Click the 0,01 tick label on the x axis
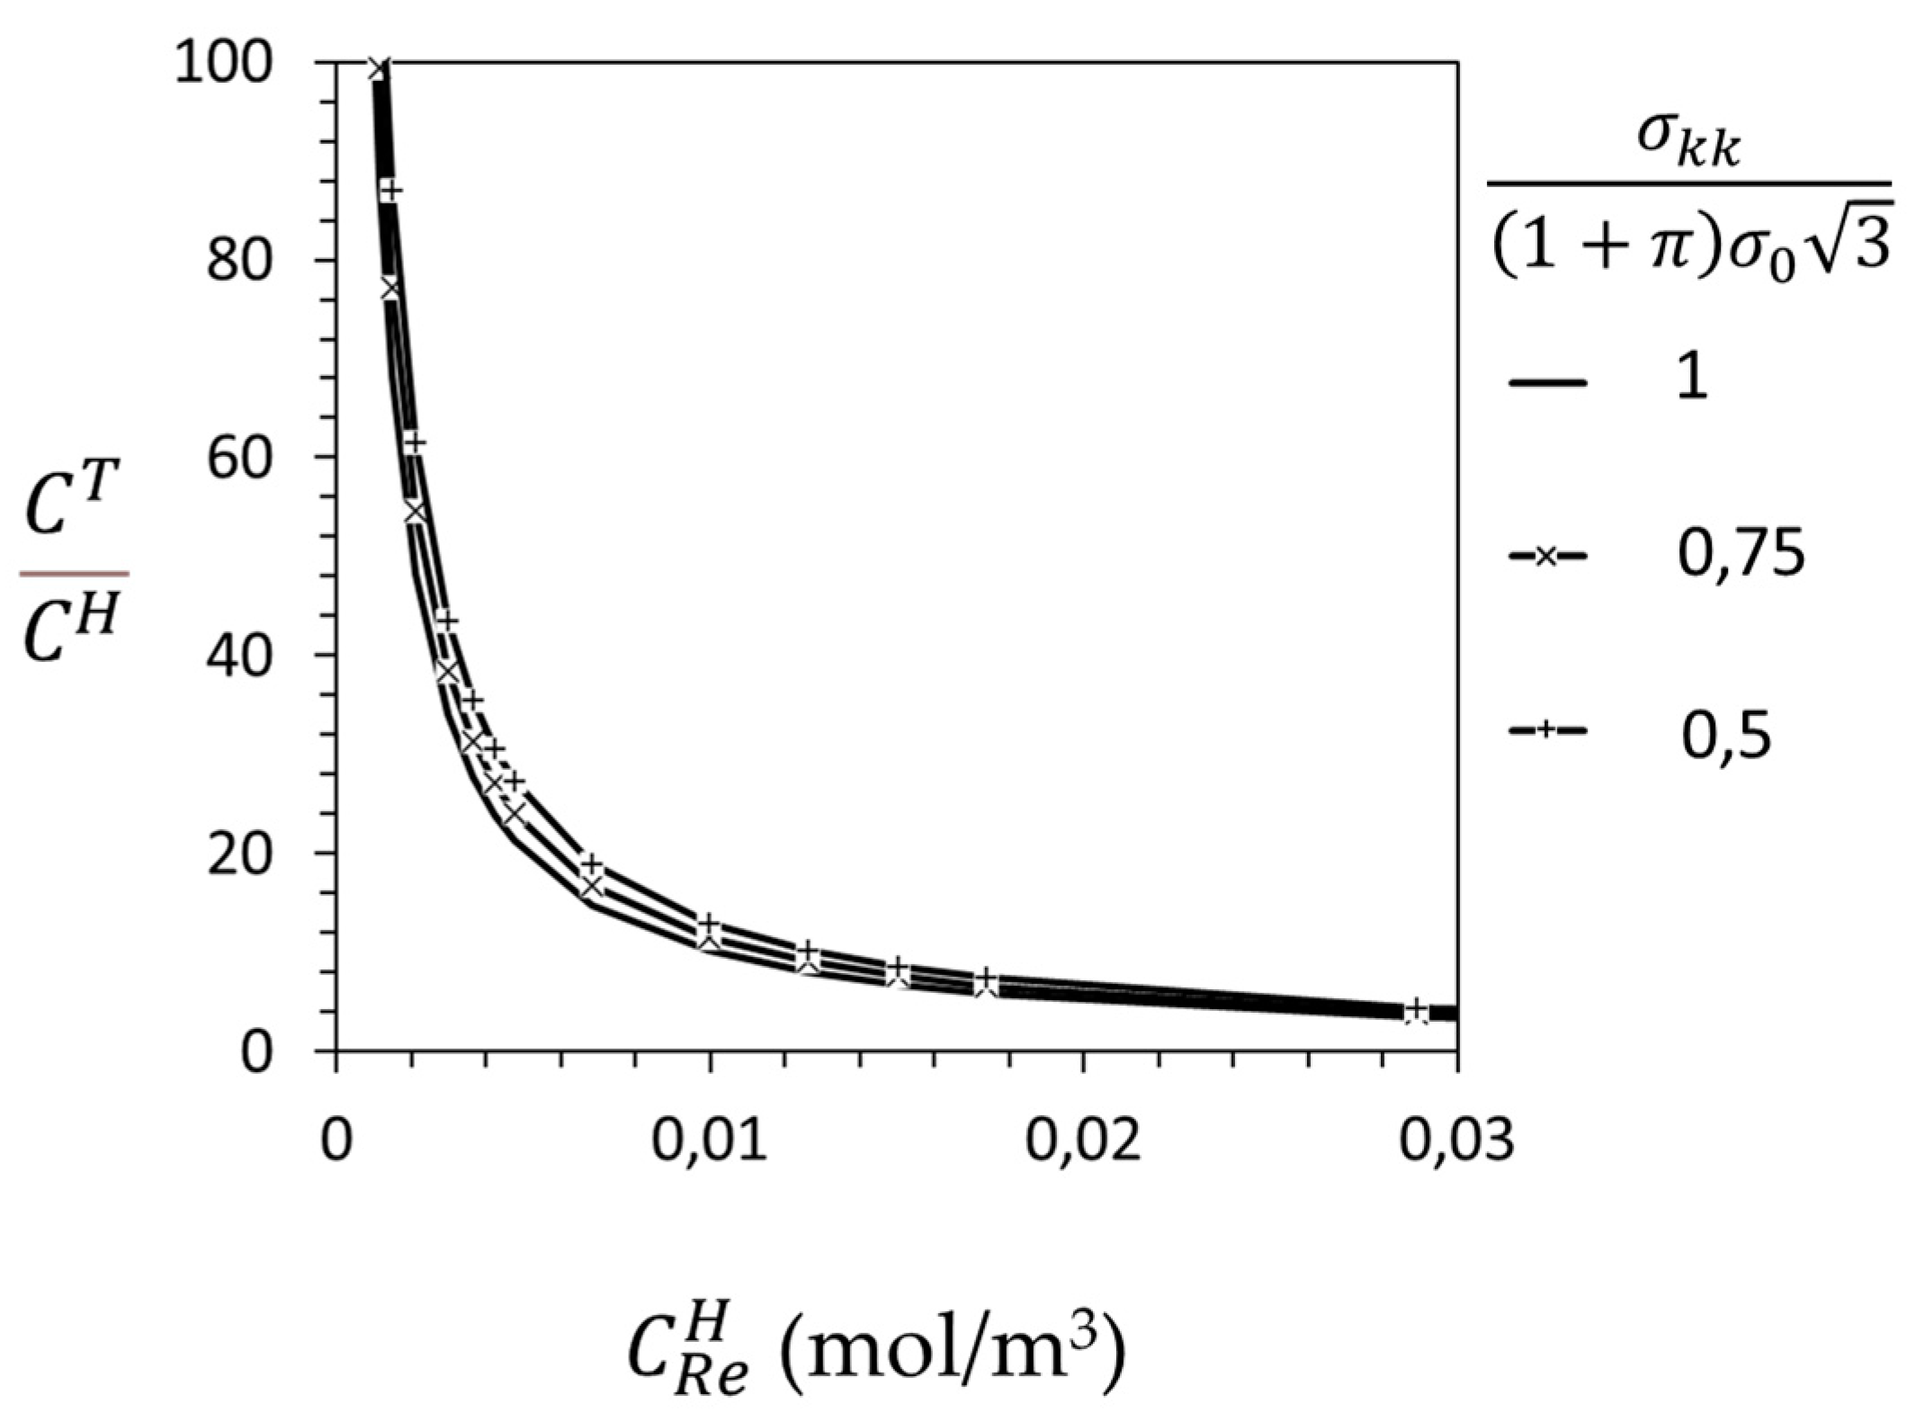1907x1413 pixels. coord(710,1140)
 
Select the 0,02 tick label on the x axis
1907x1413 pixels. coord(1084,1140)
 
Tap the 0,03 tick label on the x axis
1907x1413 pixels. coord(1457,1140)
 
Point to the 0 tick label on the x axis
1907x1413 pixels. coord(336,1140)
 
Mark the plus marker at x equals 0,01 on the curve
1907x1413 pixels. coord(710,924)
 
